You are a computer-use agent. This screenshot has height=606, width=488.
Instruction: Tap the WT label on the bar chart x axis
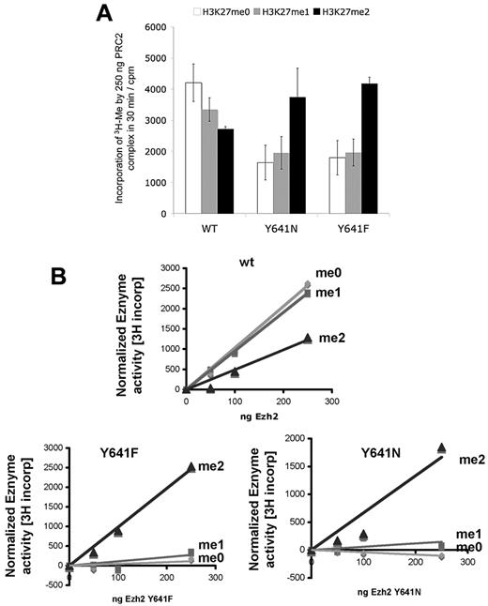tap(212, 227)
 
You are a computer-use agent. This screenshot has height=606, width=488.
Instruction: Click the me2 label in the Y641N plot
tap(469, 461)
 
